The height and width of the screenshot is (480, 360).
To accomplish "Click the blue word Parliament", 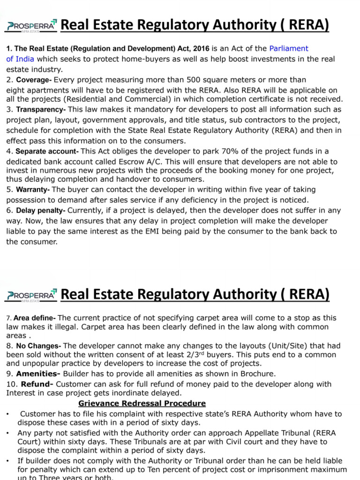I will [x=289, y=48].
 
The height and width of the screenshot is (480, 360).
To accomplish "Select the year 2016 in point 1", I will [x=202, y=48].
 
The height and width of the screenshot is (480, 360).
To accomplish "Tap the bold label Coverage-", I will [x=34, y=80].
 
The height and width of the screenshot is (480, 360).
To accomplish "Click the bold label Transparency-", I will [x=41, y=110].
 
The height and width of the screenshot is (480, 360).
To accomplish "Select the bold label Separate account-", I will [x=47, y=151].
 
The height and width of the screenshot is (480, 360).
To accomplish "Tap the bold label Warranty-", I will [x=33, y=190].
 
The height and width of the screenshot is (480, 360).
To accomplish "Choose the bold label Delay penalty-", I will [x=40, y=211].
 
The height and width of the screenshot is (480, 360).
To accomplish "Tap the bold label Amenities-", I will [x=38, y=374].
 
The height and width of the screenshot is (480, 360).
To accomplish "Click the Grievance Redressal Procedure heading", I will [x=142, y=403].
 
